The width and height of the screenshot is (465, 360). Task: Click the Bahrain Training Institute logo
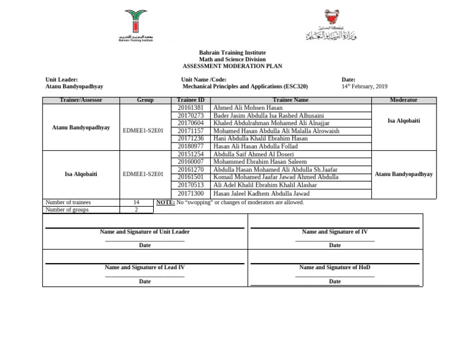[x=136, y=24]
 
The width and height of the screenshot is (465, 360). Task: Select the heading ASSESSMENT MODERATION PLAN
[x=232, y=66]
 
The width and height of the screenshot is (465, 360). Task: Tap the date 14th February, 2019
[x=364, y=87]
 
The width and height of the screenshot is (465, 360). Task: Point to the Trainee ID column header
[x=190, y=100]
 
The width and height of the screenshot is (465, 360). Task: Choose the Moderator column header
[x=403, y=100]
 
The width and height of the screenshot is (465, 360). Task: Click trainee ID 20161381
[x=190, y=107]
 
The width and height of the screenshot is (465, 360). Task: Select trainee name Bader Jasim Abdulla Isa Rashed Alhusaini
[x=269, y=115]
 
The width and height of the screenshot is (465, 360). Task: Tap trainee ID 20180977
[x=190, y=146]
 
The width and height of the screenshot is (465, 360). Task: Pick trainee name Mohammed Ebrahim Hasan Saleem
[x=260, y=162]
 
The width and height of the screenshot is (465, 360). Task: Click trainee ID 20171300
[x=190, y=193]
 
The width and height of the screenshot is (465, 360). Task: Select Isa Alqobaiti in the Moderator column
[x=403, y=121]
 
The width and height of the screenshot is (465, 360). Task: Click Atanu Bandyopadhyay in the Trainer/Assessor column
[x=81, y=128]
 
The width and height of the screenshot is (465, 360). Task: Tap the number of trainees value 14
[x=136, y=202]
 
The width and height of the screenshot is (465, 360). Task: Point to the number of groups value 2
[x=136, y=210]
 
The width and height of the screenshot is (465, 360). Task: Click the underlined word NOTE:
[x=165, y=202]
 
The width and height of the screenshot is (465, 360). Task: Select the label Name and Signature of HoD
[x=334, y=267]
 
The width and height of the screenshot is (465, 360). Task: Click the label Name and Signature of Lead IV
[x=145, y=267]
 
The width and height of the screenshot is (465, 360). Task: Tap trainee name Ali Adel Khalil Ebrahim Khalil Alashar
[x=265, y=185]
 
